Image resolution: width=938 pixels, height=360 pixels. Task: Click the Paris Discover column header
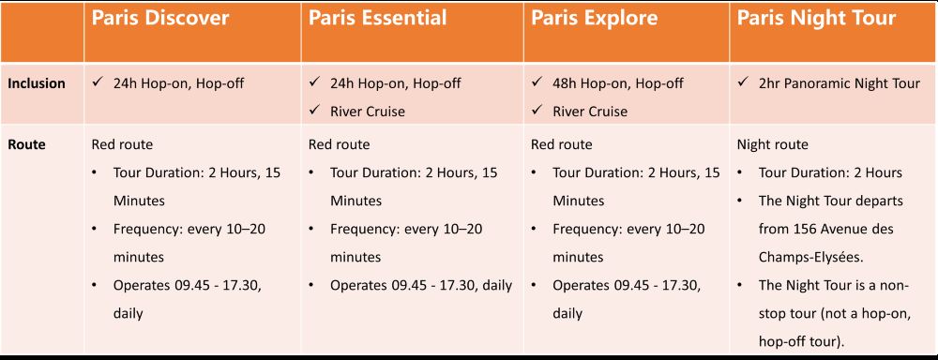[x=159, y=18]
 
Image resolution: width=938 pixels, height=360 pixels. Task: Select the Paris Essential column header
[x=377, y=18]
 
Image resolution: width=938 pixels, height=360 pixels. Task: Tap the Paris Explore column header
[x=594, y=19]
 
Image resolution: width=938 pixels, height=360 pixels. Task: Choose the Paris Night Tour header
[x=816, y=19]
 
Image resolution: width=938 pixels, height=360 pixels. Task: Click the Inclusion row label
[x=36, y=83]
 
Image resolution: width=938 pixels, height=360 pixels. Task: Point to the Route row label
[x=26, y=144]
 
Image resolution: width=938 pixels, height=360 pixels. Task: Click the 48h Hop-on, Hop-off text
[x=618, y=83]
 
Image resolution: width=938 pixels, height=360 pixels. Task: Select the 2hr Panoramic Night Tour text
[x=840, y=83]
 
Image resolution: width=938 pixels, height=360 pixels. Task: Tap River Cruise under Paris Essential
[x=368, y=112]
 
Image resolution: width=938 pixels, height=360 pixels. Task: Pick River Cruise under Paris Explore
[x=590, y=112]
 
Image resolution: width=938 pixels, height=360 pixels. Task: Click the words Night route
[x=772, y=144]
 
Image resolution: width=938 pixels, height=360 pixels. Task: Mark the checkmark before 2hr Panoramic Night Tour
[x=742, y=82]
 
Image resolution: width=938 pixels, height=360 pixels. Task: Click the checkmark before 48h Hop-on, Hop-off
[x=537, y=82]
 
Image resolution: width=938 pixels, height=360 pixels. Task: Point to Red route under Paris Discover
[x=122, y=144]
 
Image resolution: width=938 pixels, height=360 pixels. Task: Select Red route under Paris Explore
[x=562, y=144]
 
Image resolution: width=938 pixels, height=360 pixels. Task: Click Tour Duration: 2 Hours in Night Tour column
[x=830, y=172]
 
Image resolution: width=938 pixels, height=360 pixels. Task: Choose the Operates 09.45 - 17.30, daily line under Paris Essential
[x=421, y=285]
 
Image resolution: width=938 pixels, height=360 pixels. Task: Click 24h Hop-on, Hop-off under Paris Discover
[x=178, y=83]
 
